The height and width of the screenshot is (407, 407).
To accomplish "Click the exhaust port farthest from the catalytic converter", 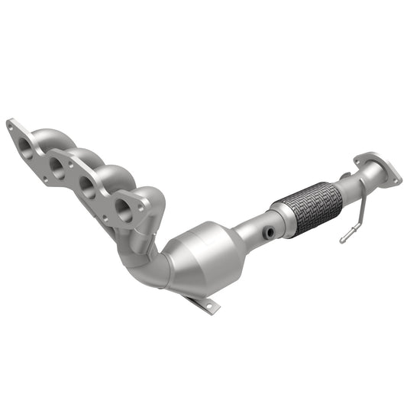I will (x=25, y=144).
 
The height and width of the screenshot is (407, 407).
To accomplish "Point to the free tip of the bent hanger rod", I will (x=341, y=241).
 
